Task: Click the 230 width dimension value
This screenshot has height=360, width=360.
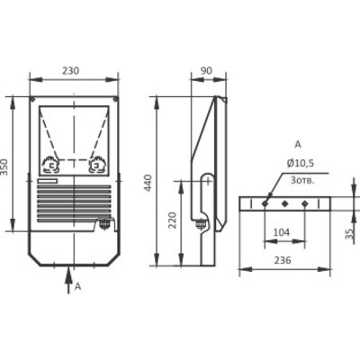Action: coord(70,71)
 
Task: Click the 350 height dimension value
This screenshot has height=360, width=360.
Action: coord(6,167)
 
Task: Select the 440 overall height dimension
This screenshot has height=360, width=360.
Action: coord(148,183)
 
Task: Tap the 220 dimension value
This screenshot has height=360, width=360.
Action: coord(172,220)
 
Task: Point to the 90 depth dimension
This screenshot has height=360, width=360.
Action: coord(206,71)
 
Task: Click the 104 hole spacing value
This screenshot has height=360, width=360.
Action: coord(282,232)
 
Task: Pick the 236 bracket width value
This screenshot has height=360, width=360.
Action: coord(283,260)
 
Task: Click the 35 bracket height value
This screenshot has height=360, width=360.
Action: coord(349,234)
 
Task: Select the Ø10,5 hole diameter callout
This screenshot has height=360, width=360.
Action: coord(300,164)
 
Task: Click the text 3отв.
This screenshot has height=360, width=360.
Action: coord(302,181)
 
